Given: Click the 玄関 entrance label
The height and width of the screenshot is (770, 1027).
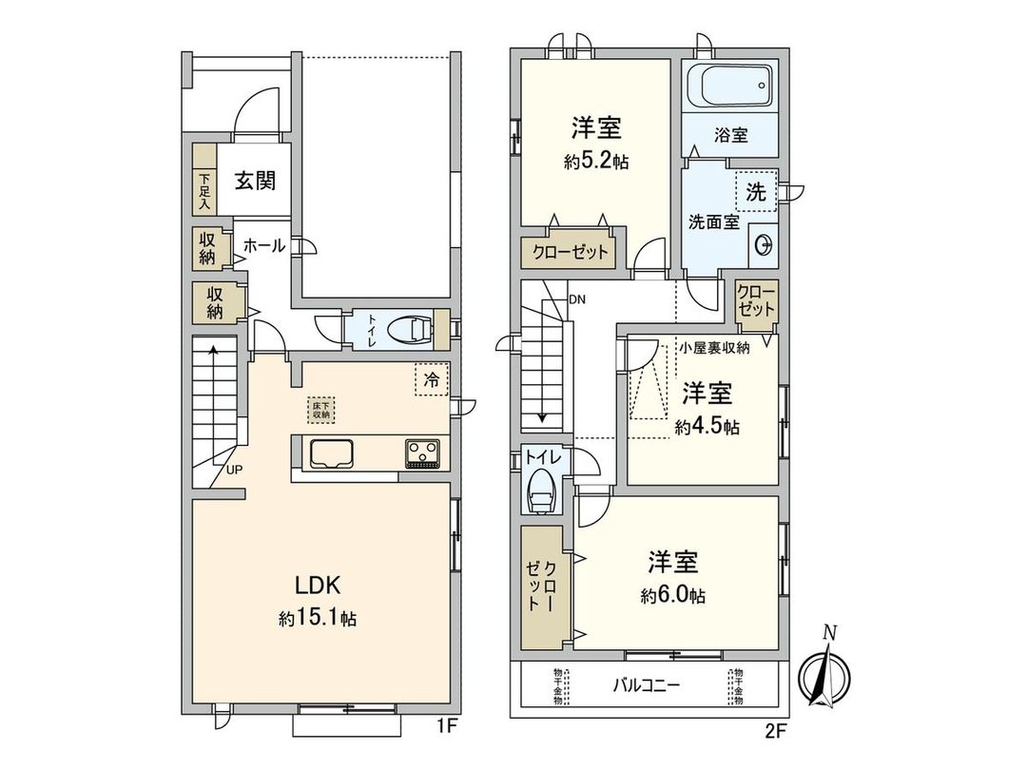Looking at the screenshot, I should (256, 181).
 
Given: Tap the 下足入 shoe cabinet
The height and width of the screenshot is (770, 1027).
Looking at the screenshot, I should (204, 191).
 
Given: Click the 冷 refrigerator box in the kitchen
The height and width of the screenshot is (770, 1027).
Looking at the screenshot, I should (432, 380).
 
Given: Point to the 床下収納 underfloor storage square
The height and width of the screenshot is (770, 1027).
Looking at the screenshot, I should (321, 410).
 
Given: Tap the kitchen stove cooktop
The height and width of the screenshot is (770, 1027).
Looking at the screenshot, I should (422, 452).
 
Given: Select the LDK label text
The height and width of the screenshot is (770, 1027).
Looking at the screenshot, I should (317, 585).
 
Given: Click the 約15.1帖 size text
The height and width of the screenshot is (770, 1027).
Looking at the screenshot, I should (318, 619).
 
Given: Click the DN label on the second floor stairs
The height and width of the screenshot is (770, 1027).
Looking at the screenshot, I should (577, 298).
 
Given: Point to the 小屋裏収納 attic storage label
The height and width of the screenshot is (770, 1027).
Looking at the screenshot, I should (714, 348).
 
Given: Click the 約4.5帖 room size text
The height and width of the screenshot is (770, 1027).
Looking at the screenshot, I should (707, 428).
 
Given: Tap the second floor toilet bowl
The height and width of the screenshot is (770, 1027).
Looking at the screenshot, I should (542, 491).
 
